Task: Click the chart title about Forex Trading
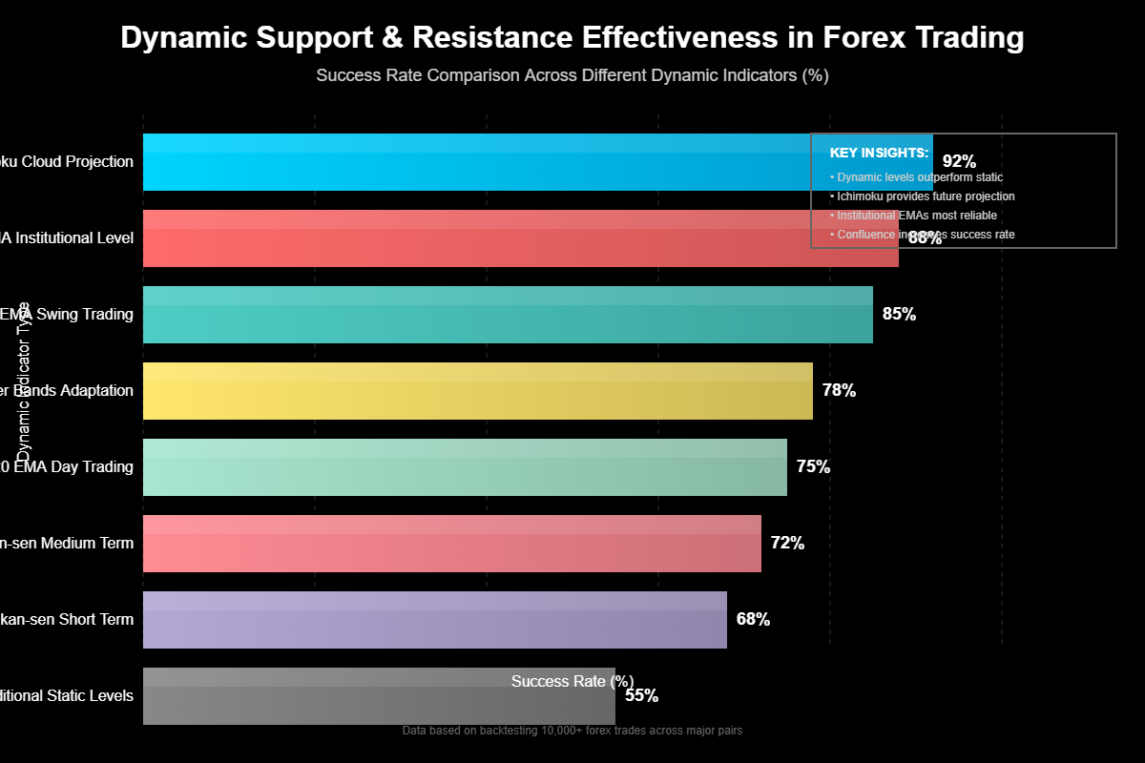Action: [x=572, y=38]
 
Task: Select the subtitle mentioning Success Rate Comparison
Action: [x=572, y=75]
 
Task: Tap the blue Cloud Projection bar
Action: [x=477, y=162]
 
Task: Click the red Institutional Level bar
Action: [x=477, y=238]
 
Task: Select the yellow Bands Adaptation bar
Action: [x=477, y=391]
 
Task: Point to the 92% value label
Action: [x=959, y=162]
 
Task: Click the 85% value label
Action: [x=899, y=315]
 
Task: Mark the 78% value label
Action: [x=839, y=391]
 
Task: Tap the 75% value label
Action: [x=813, y=467]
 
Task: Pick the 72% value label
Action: [x=787, y=544]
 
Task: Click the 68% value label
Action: [x=753, y=620]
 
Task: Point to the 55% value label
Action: [x=641, y=696]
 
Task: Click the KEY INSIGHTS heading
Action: [x=879, y=153]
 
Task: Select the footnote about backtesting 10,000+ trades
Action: [x=572, y=731]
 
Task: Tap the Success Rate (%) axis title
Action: [x=572, y=681]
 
